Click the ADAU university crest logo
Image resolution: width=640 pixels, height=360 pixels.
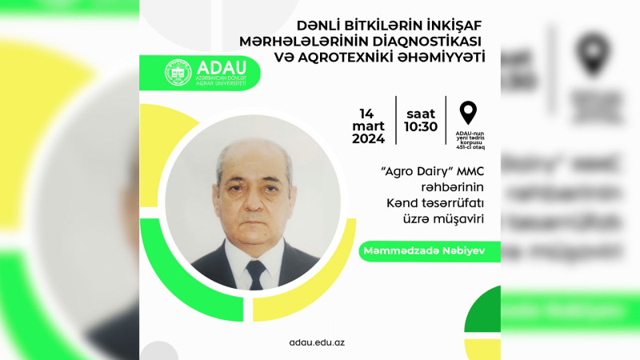coord(178,72)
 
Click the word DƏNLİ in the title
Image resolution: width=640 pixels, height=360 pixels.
coord(323,26)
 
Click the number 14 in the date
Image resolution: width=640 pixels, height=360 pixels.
coord(368,113)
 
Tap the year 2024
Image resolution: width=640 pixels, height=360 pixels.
coord(368,138)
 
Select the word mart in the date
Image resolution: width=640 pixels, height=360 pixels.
coord(369,126)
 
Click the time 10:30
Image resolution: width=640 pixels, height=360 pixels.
coord(420,126)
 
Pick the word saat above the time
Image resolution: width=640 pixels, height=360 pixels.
coord(420,113)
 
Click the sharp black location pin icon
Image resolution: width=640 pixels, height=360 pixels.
coord(468,113)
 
